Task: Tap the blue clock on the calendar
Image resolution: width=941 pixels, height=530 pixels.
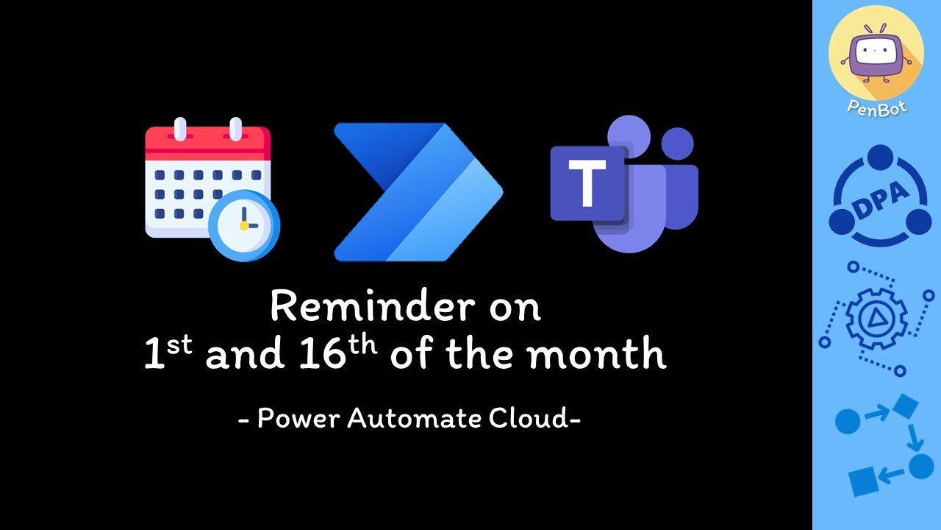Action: click(x=244, y=225)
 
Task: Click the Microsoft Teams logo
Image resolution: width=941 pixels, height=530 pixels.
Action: click(x=625, y=184)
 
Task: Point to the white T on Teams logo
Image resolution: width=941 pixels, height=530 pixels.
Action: click(x=587, y=183)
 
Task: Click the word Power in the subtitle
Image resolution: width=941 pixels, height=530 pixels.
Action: click(x=298, y=419)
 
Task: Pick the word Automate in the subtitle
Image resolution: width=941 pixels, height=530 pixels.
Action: click(x=414, y=419)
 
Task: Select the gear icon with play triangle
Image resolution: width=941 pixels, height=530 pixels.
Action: click(x=876, y=317)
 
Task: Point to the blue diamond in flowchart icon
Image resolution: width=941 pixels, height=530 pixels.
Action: click(x=906, y=407)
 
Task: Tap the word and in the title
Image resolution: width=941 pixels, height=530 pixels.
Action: click(x=244, y=356)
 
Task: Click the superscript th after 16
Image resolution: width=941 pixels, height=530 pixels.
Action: click(x=362, y=343)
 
